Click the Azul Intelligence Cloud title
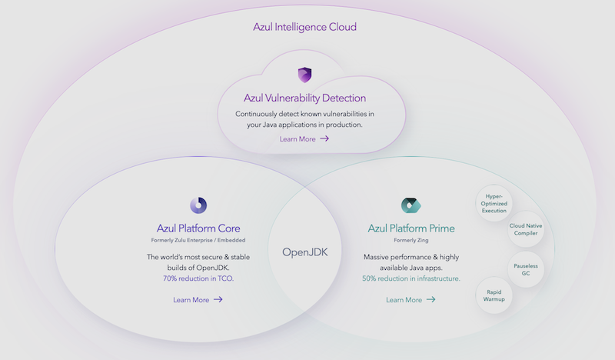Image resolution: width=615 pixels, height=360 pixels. [x=304, y=27]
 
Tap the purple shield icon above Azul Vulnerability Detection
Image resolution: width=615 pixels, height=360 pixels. [x=304, y=75]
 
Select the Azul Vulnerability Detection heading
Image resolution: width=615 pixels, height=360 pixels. [x=304, y=98]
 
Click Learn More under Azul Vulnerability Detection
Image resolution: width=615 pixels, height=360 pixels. [x=298, y=139]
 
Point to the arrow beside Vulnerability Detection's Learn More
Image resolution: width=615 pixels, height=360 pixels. [x=324, y=139]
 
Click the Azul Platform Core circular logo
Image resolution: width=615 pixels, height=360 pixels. [x=198, y=205]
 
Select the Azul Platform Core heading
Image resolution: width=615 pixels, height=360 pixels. [x=198, y=228]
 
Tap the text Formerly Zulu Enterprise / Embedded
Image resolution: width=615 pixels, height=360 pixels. [x=198, y=241]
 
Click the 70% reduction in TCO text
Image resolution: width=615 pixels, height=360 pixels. [x=198, y=278]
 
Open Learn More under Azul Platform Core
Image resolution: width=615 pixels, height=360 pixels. [x=191, y=300]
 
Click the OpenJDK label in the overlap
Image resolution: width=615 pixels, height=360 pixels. [x=304, y=252]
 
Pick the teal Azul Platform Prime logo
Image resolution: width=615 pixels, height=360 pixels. [x=411, y=205]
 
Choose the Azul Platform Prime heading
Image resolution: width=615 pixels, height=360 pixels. [x=411, y=228]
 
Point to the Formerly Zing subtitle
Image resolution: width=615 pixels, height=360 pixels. [x=411, y=241]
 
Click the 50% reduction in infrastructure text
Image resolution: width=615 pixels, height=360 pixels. [x=411, y=278]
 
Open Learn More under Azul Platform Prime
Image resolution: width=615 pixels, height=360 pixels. [x=404, y=300]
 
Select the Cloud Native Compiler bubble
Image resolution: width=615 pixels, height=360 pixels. [x=527, y=230]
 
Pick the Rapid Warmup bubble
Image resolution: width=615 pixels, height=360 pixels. [x=495, y=295]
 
